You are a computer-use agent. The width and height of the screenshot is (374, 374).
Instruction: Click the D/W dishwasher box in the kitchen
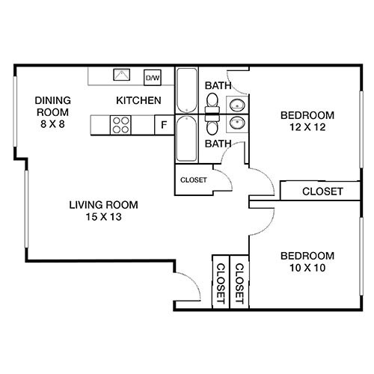153,77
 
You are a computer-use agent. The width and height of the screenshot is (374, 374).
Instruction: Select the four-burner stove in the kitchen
120,124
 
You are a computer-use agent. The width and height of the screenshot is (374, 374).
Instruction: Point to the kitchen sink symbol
121,76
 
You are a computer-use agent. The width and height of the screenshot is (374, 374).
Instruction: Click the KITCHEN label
138,100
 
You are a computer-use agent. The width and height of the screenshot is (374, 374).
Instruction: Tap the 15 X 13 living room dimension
103,217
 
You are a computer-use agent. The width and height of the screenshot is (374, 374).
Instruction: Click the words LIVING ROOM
103,205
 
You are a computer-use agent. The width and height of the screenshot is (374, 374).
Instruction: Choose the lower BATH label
218,144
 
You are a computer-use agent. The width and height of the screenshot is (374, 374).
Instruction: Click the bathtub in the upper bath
186,91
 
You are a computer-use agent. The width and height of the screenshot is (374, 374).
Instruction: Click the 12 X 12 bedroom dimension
306,127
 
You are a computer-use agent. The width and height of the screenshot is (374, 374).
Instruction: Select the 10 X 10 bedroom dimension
306,267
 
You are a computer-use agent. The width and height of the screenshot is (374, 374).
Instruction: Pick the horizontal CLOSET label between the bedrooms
322,192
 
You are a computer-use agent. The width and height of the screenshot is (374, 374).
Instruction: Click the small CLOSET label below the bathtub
194,180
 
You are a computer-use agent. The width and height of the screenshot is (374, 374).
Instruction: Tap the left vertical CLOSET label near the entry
221,283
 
